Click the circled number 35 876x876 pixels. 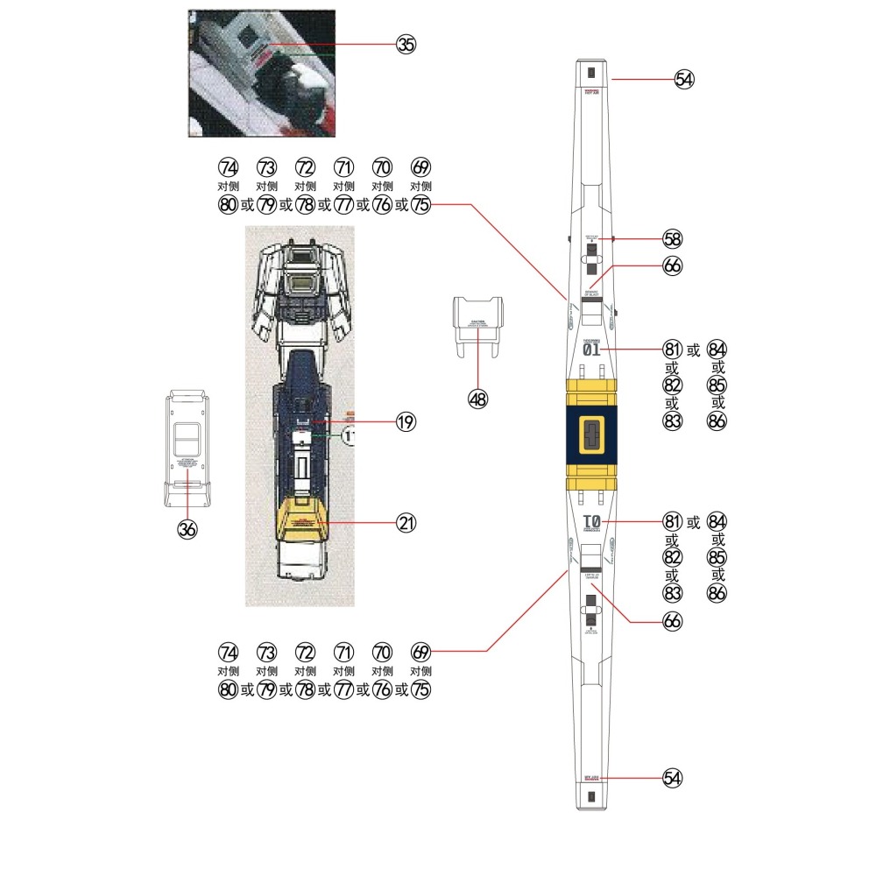(x=406, y=45)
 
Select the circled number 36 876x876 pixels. (x=187, y=529)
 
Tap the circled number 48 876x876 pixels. (x=477, y=399)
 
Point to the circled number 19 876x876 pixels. (x=406, y=422)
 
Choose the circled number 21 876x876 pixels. (x=406, y=523)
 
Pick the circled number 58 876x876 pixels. (x=673, y=239)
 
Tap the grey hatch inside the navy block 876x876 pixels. (x=591, y=435)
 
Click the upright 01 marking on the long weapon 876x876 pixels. (x=591, y=350)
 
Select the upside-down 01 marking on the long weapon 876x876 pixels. (x=591, y=523)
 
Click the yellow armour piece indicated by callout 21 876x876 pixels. (x=300, y=522)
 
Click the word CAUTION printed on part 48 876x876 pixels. (x=477, y=321)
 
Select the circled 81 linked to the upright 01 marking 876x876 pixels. (x=673, y=350)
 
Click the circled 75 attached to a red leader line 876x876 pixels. (x=421, y=205)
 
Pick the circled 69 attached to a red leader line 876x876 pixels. (x=421, y=652)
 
